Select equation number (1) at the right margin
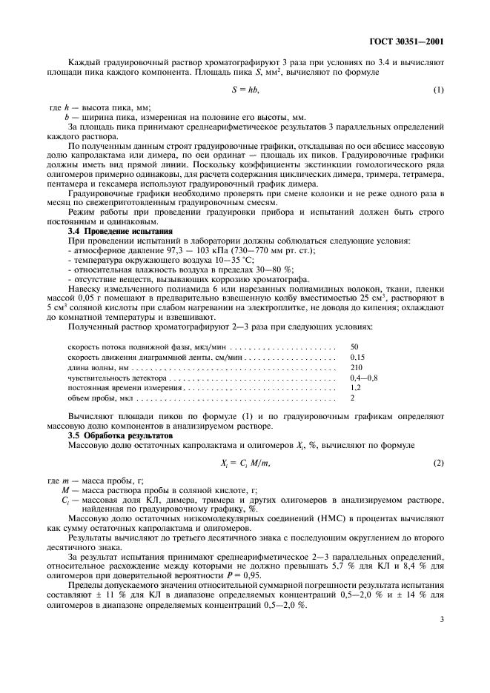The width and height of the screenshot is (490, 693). (438, 90)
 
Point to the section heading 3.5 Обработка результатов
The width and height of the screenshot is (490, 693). (116, 435)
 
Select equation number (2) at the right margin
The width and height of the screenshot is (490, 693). (438, 463)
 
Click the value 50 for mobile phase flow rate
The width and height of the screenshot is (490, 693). (354, 346)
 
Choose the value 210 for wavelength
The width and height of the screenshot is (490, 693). (356, 367)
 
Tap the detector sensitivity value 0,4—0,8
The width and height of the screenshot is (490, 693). (363, 378)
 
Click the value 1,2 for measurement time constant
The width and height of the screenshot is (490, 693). (355, 388)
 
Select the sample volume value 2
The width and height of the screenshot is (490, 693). (352, 398)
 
